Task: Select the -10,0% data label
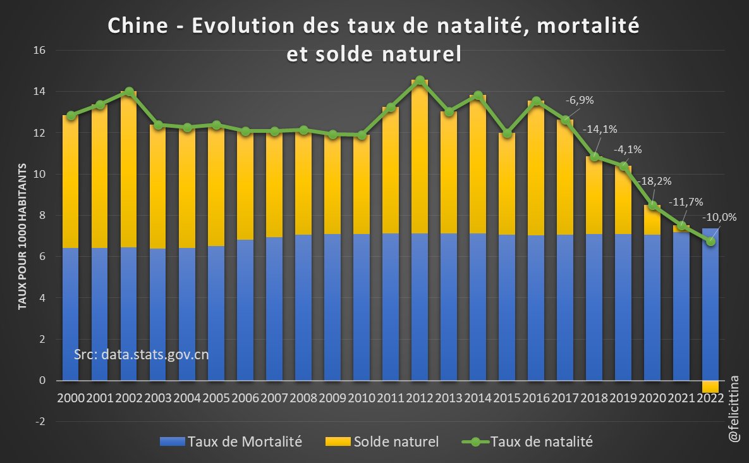click(x=719, y=216)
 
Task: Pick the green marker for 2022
click(x=710, y=241)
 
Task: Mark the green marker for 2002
click(x=129, y=92)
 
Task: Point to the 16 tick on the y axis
click(x=42, y=50)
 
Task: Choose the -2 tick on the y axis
click(x=42, y=422)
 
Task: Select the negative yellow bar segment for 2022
click(x=710, y=386)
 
